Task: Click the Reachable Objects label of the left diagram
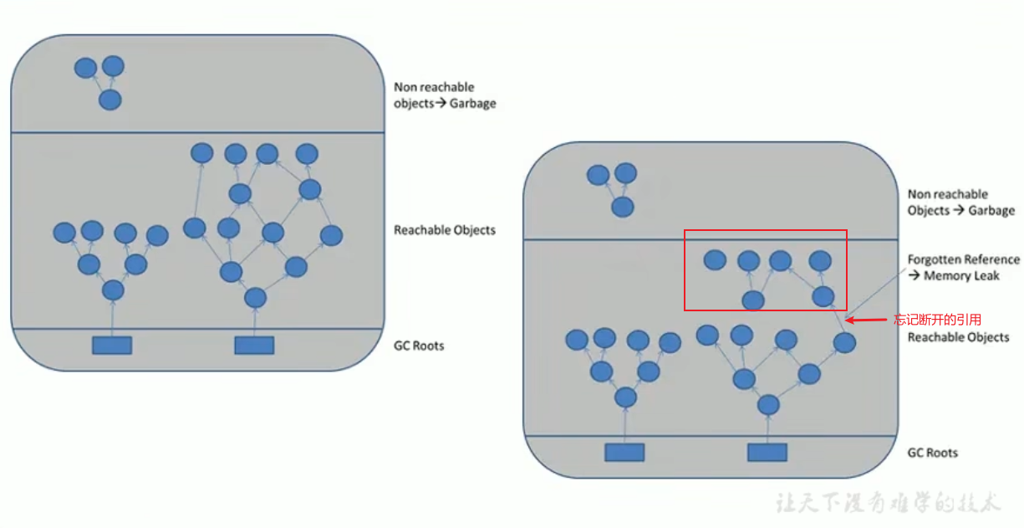tap(444, 230)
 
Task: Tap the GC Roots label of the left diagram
tap(419, 346)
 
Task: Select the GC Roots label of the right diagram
tap(932, 453)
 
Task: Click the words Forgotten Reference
tap(963, 259)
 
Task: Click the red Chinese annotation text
tap(937, 319)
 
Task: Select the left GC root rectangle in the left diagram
tap(112, 345)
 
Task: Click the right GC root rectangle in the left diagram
tap(254, 345)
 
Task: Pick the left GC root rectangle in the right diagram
tap(624, 452)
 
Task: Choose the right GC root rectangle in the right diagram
tap(767, 452)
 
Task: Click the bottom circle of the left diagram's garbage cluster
tap(110, 100)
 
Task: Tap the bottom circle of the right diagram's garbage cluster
tap(621, 207)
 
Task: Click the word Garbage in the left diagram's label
tap(472, 104)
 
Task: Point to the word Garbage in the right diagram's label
tap(991, 211)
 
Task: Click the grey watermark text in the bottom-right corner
tap(888, 504)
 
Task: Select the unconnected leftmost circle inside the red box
tap(714, 260)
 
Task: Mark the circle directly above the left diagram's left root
tap(113, 290)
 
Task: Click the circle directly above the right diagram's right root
tap(768, 405)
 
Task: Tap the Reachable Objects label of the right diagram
tap(958, 337)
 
